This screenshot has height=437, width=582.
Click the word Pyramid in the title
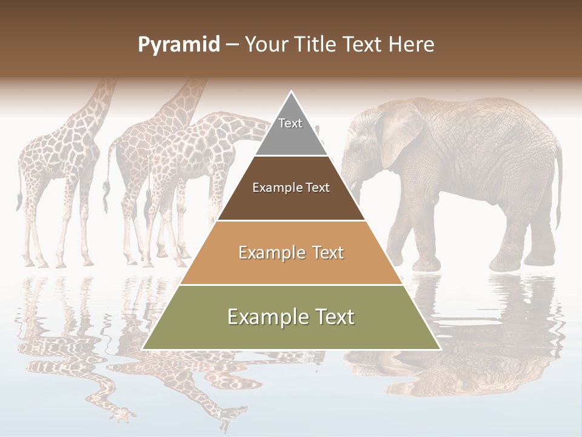click(178, 45)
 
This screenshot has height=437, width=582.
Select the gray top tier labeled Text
click(291, 130)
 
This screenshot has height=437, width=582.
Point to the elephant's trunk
click(354, 182)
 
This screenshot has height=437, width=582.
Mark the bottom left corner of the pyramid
click(142, 349)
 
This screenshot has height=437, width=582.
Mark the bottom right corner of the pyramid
click(440, 349)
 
